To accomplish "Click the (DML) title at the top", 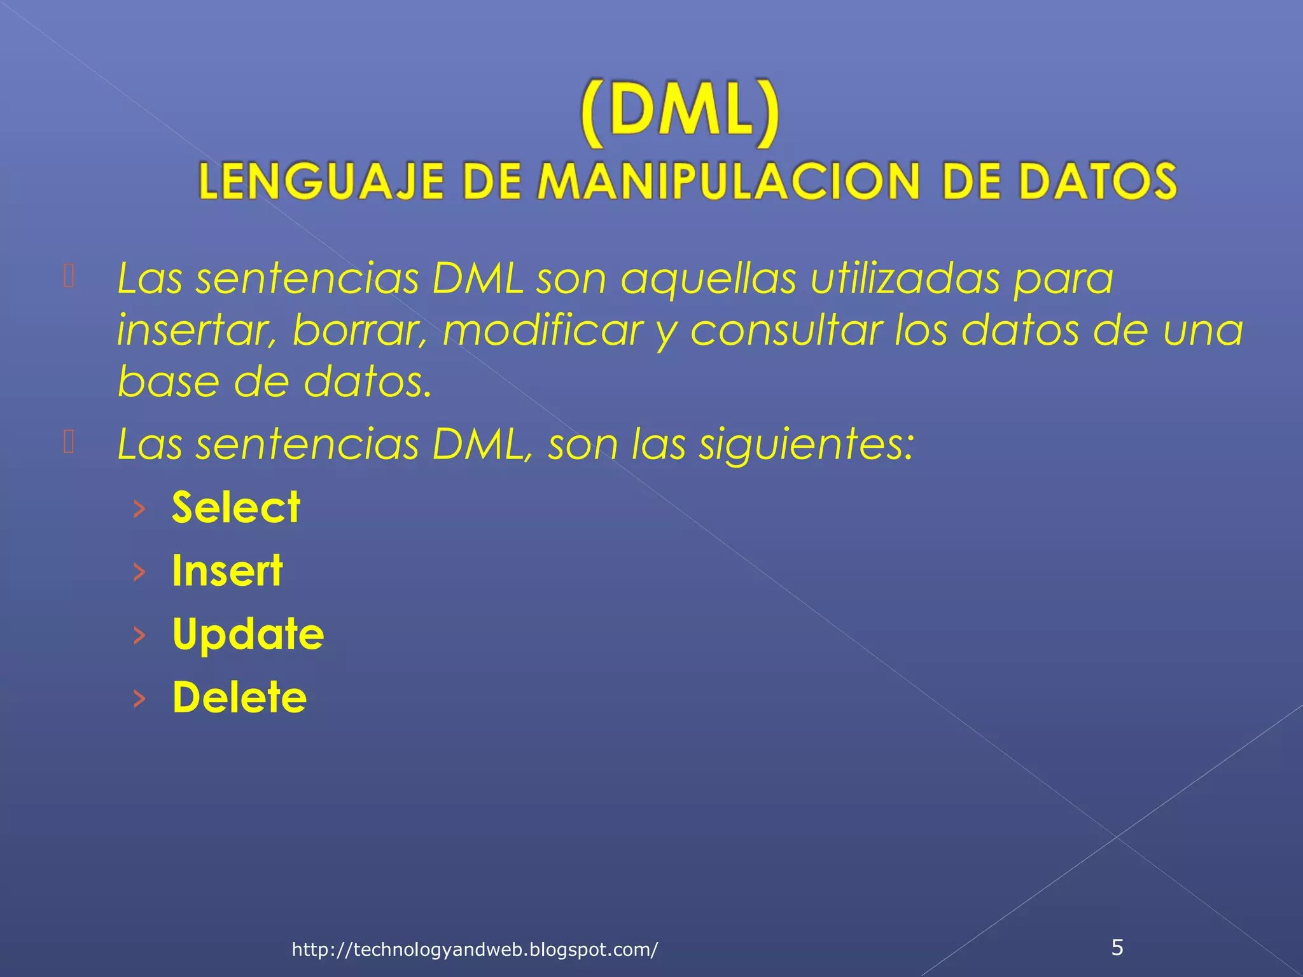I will coord(679,113).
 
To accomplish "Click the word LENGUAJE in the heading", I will coord(321,181).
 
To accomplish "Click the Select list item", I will coord(236,508).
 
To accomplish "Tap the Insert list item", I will coord(227,571).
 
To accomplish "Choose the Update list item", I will coord(248,634).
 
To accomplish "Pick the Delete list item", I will coord(239,697).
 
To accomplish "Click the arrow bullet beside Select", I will coord(139,508).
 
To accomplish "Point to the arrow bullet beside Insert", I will coord(139,572).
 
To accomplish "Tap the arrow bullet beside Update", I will coord(139,635).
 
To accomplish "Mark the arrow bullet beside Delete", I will coord(139,698).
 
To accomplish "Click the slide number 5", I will coord(1117,947).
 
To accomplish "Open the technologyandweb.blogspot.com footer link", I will coord(475,950).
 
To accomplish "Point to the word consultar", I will coord(786,330).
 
